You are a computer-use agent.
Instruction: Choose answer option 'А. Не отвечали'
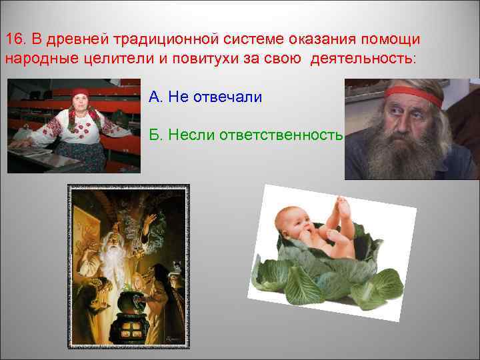[x=205, y=97]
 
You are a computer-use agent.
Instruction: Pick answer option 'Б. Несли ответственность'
[x=245, y=136]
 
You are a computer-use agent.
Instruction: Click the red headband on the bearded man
[x=413, y=95]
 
